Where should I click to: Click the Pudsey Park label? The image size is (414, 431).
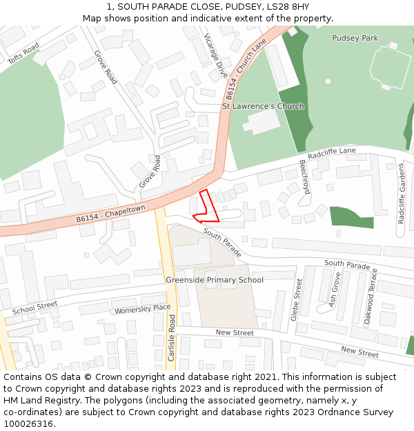[355, 38]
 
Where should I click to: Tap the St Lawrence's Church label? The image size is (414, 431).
[263, 106]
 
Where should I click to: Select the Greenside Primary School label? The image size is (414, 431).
[214, 279]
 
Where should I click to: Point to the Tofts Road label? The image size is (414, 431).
[23, 53]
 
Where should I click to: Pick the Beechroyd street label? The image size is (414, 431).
[305, 177]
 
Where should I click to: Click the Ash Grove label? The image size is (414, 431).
[335, 289]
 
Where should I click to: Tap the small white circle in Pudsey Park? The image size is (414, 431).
[328, 81]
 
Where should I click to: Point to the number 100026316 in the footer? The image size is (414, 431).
[28, 423]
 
